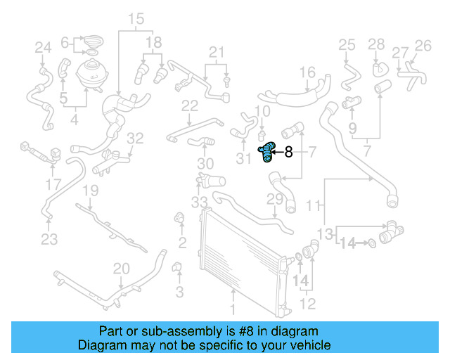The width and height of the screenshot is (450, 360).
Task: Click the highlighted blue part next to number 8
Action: point(268,151)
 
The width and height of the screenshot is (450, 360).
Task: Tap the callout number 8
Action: point(288,151)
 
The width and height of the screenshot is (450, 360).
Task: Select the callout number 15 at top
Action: point(136,18)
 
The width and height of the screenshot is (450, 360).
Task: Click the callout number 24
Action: point(44,48)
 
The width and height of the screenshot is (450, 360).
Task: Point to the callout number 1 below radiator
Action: point(234,307)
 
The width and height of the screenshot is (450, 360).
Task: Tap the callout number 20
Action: point(122,268)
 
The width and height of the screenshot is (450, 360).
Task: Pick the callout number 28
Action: point(377,45)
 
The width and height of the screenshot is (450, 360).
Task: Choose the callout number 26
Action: point(423,46)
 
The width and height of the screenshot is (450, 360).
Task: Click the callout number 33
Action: point(199,202)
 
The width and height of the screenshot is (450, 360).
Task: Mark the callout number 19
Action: point(91,191)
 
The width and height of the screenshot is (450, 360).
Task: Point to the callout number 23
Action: point(49,239)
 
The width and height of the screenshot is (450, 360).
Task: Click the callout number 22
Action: point(190,106)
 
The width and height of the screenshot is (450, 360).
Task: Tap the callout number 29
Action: point(274,200)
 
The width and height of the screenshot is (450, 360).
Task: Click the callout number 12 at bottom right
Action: point(307,304)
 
